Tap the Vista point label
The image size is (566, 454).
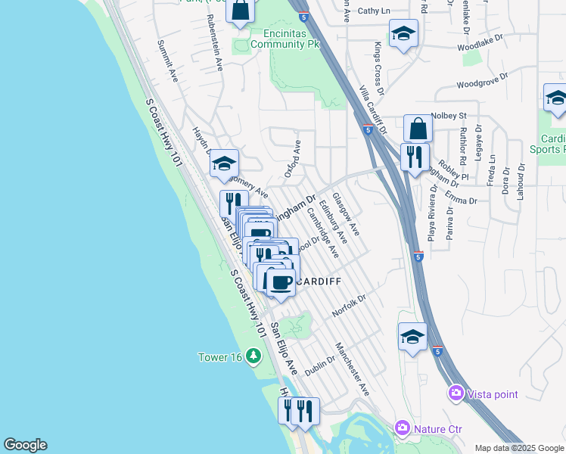[493, 393]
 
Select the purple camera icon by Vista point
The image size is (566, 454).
[456, 392]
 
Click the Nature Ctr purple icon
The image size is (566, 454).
[401, 428]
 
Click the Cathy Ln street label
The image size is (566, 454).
[374, 11]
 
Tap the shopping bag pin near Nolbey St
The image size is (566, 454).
[418, 129]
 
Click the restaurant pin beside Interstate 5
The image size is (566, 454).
[413, 157]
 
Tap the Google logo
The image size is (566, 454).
[25, 445]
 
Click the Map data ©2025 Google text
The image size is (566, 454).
[518, 448]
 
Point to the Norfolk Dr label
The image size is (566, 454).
[349, 306]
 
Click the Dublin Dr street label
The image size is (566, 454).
[319, 366]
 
